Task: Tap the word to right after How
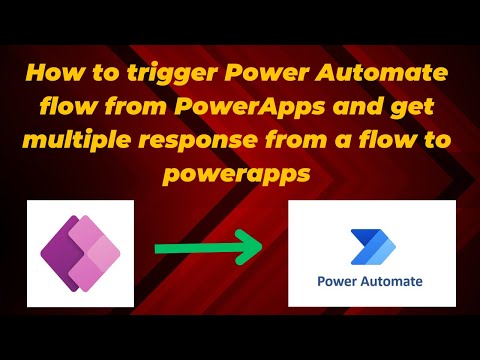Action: tap(95, 74)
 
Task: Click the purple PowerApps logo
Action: tap(79, 250)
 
